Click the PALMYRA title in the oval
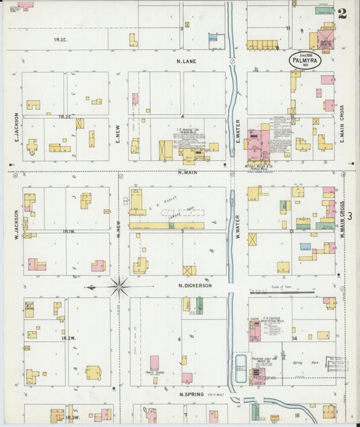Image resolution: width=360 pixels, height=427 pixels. pos(305,61)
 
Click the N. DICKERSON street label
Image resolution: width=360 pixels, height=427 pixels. pos(195,285)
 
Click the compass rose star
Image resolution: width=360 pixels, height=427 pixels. pos(119,287)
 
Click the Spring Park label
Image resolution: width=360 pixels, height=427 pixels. pos(309,363)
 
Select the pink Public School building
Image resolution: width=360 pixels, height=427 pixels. pos(154,363)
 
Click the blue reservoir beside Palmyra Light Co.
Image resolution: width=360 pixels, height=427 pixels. pos(240,368)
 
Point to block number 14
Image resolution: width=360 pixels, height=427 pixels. pos(294,338)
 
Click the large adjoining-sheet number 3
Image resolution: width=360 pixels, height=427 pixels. pos(349,215)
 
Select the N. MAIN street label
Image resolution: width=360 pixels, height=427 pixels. pos(187,172)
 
